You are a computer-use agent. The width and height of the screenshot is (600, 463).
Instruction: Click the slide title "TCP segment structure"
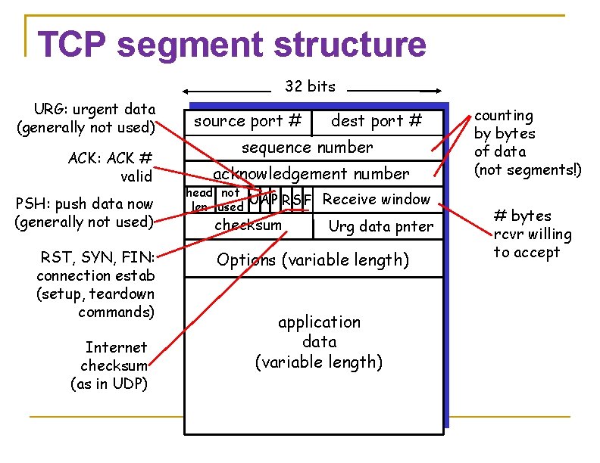tap(232, 45)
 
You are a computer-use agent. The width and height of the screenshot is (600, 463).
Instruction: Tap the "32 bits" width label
tap(310, 86)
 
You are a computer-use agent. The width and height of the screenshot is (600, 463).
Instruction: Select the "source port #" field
tap(248, 121)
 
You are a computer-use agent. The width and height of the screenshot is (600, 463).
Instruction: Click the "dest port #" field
tap(377, 121)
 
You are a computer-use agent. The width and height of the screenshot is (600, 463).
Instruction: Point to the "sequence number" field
tap(307, 148)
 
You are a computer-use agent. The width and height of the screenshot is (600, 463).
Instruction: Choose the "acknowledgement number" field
tap(311, 174)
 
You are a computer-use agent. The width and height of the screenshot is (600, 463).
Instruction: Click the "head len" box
tap(200, 200)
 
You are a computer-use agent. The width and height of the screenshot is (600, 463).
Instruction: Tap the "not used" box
tap(230, 200)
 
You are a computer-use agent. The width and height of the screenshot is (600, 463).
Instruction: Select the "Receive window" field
tap(377, 200)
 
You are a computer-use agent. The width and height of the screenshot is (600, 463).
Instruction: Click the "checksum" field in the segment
tap(248, 225)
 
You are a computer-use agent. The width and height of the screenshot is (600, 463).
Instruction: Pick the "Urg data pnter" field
tap(380, 226)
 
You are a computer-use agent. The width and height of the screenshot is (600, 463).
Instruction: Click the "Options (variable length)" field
tap(312, 260)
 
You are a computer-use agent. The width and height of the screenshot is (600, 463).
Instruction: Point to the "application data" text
tap(319, 342)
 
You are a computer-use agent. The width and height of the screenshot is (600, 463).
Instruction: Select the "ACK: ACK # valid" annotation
tap(111, 166)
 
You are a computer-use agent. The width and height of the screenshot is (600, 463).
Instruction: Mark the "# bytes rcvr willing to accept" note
tap(531, 234)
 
